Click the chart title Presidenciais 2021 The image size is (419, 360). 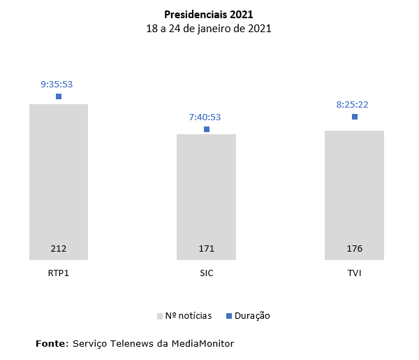[x=209, y=14]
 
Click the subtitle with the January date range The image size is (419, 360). [x=209, y=29]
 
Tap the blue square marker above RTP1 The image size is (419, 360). [x=59, y=96]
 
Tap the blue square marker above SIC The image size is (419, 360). [x=207, y=129]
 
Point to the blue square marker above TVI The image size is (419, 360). [x=355, y=117]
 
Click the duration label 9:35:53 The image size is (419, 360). [x=57, y=84]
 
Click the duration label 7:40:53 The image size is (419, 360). [x=205, y=117]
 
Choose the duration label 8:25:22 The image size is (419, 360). [x=352, y=104]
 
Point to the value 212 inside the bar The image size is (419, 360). [x=59, y=249]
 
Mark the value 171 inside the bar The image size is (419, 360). [x=206, y=249]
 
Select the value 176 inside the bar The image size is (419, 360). [x=354, y=249]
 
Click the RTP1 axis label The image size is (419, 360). [x=59, y=273]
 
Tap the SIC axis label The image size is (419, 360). [x=206, y=273]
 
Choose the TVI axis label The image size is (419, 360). [x=354, y=273]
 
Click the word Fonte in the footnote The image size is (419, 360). [x=52, y=343]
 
